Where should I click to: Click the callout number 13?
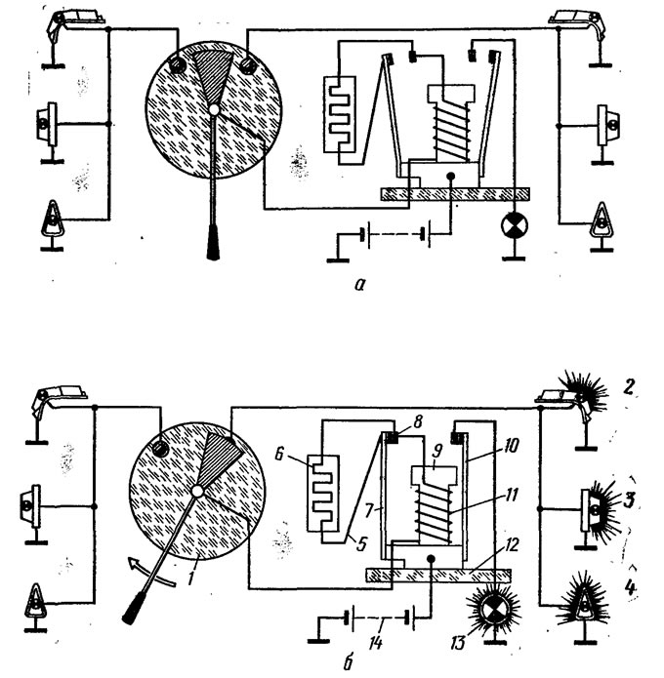458,643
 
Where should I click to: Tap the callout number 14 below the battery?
376,643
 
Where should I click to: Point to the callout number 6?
279,454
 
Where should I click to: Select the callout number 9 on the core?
437,451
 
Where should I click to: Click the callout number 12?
512,544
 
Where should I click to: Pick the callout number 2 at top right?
629,386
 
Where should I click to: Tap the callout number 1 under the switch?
190,578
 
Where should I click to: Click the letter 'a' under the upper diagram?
359,285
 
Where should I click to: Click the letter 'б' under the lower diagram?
349,662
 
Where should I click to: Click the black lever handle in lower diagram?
134,609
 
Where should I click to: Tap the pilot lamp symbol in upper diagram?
515,225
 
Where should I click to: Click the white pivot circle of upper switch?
214,109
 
